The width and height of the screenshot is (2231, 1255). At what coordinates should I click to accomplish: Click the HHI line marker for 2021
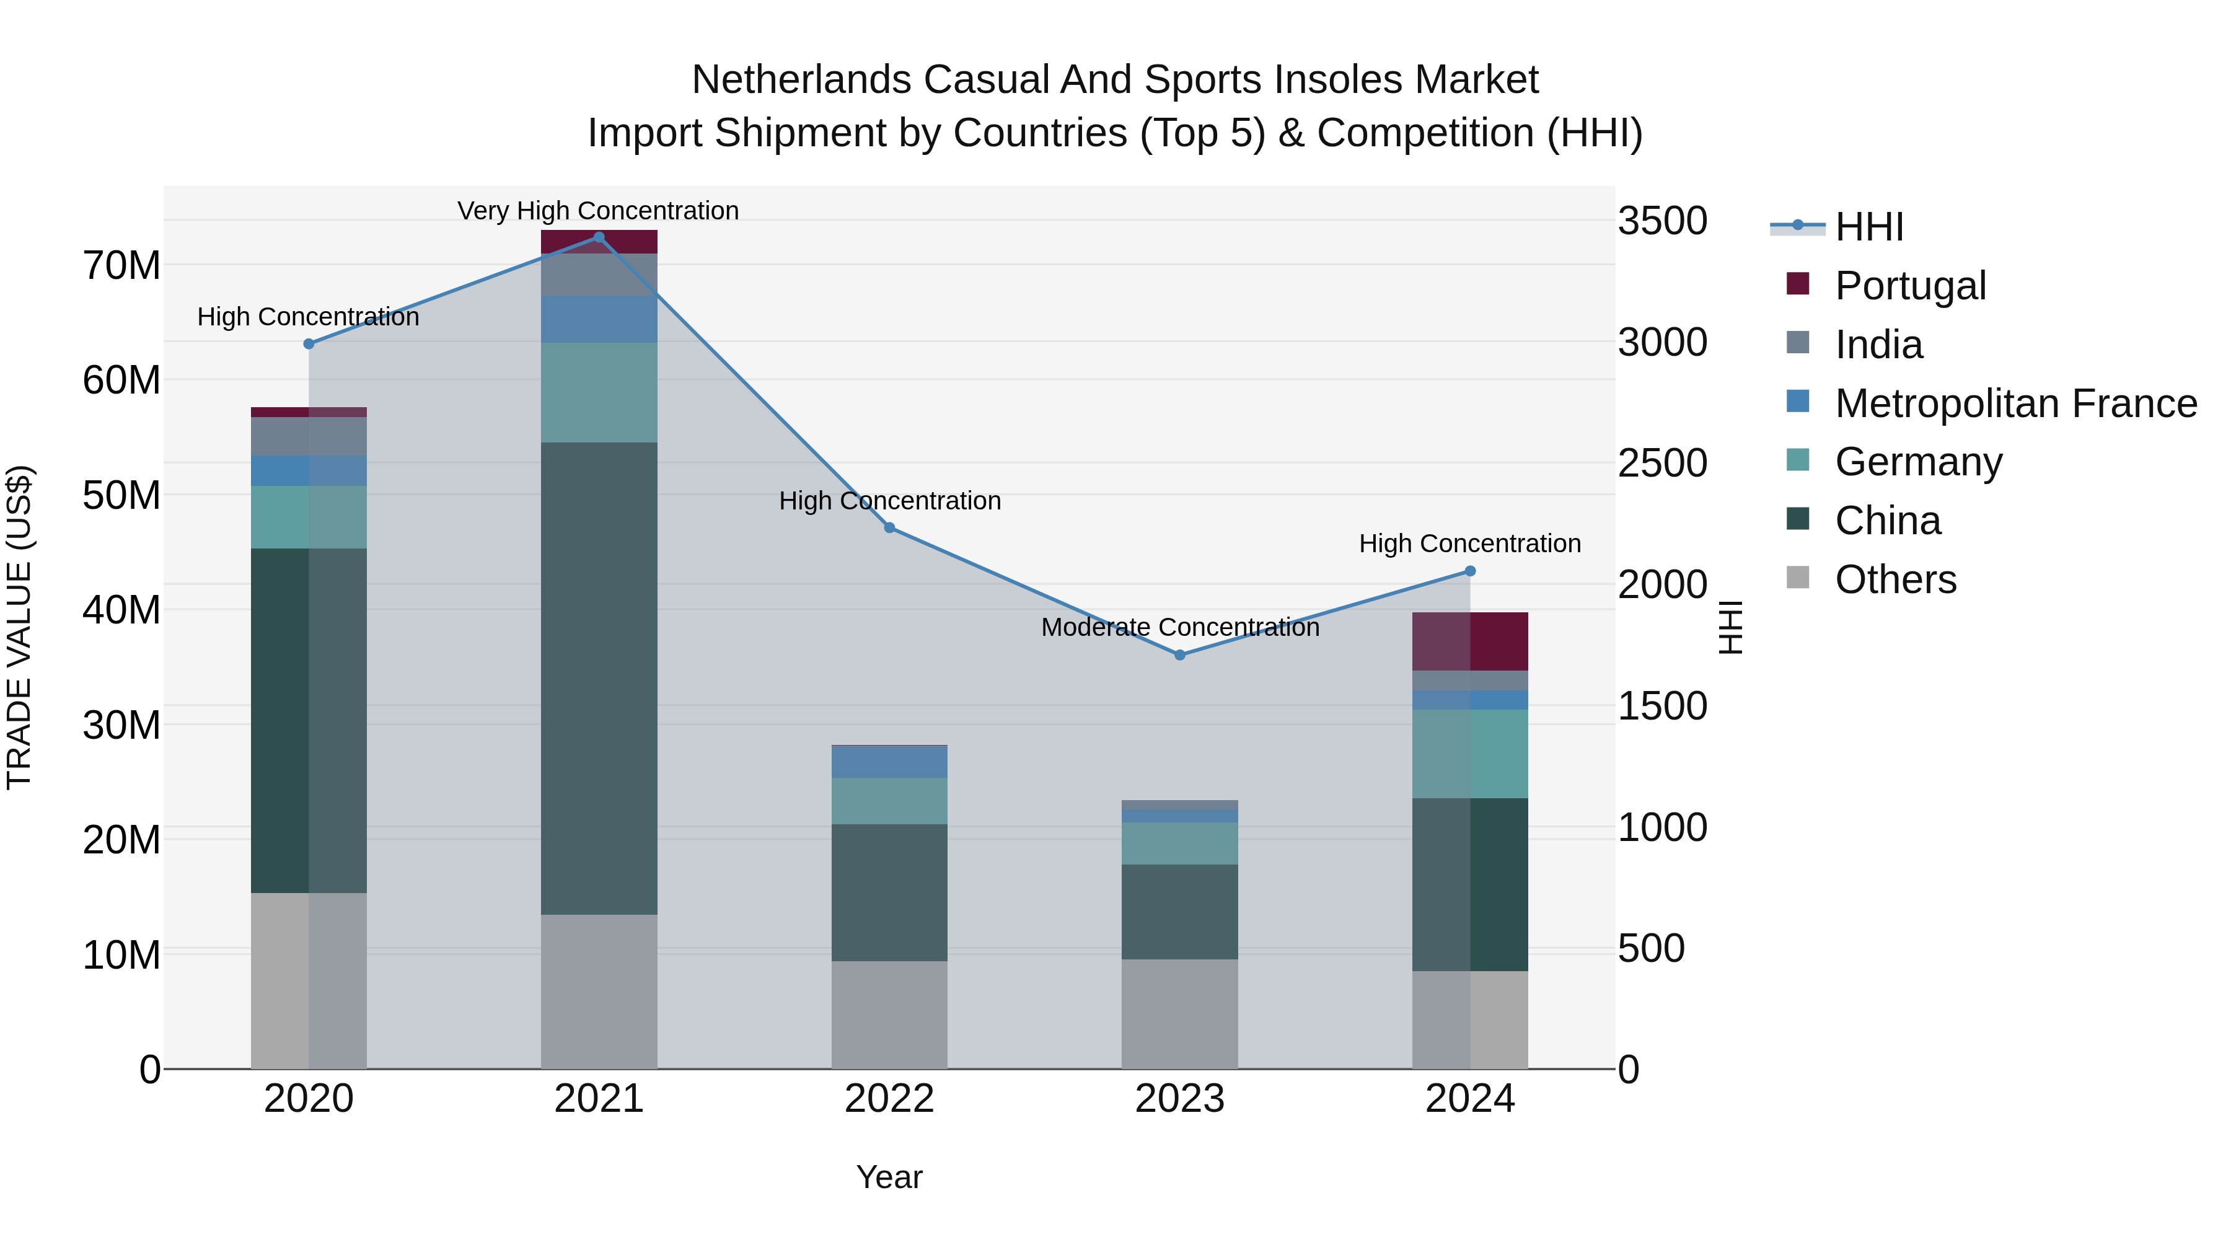click(599, 237)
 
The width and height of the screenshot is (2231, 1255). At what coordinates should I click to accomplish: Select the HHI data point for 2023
click(1179, 655)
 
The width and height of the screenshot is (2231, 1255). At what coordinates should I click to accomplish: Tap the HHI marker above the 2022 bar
click(889, 527)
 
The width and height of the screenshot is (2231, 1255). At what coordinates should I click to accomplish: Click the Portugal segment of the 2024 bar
click(1470, 641)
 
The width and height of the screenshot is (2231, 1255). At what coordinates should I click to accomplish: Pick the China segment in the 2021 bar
click(599, 678)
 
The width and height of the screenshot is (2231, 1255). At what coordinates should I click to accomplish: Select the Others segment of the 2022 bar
click(889, 1014)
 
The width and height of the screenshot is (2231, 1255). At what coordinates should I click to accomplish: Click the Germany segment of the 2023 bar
click(1179, 843)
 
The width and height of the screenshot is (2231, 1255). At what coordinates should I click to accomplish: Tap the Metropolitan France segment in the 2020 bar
click(309, 470)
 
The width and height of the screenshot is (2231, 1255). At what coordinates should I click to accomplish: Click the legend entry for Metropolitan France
click(2015, 403)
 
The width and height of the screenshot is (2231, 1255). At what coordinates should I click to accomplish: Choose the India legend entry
click(1878, 345)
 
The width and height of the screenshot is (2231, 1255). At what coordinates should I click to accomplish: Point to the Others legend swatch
click(1798, 578)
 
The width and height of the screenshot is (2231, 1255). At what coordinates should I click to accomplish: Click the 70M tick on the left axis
click(121, 265)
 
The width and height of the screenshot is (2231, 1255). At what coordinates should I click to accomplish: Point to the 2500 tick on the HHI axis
click(1662, 464)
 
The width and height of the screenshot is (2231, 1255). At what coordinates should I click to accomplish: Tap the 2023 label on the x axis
click(1179, 1099)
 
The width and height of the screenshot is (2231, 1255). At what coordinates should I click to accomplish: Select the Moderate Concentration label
click(1179, 627)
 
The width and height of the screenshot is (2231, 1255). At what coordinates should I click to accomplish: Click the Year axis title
click(889, 1177)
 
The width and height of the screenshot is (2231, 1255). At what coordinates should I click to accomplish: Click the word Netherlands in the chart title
click(801, 80)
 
